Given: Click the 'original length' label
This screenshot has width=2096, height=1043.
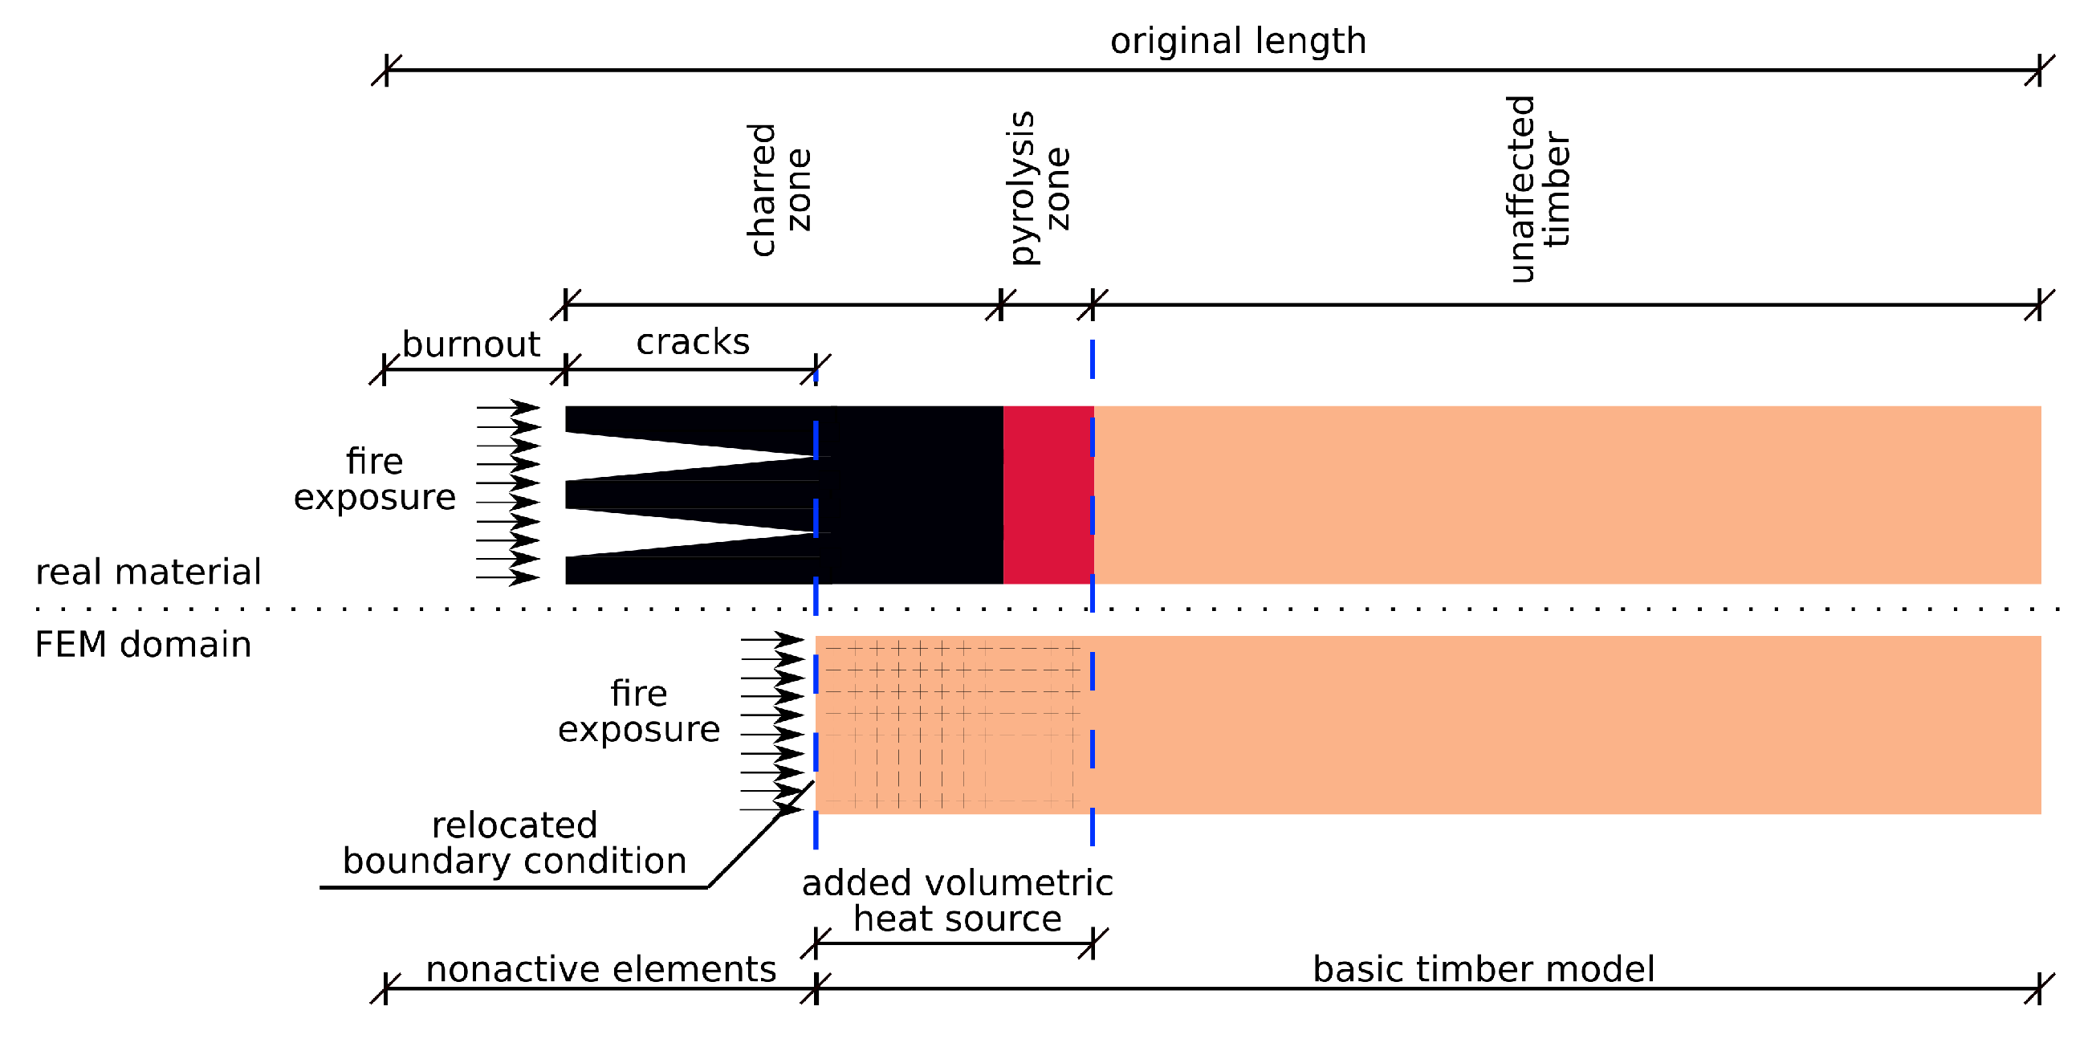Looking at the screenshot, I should (1238, 41).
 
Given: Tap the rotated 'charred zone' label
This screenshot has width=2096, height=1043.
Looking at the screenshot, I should (779, 189).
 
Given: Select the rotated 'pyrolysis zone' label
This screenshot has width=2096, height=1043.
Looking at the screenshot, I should (1039, 188).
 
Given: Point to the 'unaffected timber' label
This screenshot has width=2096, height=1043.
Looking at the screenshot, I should (1539, 189).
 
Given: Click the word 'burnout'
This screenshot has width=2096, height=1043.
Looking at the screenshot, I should (470, 344).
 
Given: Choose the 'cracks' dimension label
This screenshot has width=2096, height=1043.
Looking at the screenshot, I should (693, 342).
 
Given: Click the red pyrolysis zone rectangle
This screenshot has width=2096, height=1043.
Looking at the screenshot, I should (1048, 495).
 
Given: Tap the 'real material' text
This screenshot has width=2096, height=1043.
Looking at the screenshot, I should (148, 572).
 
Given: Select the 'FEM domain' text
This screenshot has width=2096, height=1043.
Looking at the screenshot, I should (143, 645).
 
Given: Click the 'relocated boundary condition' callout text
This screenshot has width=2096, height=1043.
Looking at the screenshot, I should (515, 844).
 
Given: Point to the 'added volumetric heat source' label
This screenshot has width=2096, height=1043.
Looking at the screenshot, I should (957, 901).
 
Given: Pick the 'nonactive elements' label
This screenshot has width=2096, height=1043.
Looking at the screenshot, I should (600, 969).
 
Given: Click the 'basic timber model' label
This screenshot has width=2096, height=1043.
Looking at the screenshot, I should (1483, 969).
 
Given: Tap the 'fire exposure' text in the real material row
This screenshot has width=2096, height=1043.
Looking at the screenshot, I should (374, 479).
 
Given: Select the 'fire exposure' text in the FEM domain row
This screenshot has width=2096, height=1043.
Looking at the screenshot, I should (639, 711).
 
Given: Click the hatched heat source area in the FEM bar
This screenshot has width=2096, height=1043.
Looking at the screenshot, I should (952, 724).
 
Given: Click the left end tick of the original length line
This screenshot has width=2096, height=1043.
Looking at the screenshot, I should (385, 70).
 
